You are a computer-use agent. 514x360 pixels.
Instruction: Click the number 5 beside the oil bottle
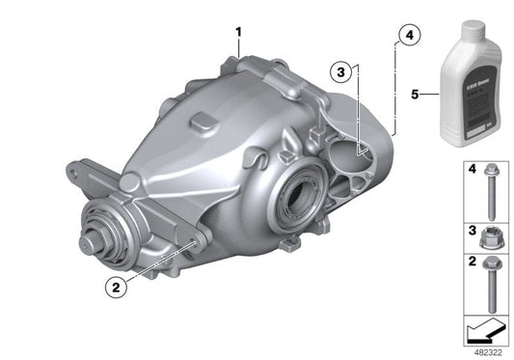pos(416,95)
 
